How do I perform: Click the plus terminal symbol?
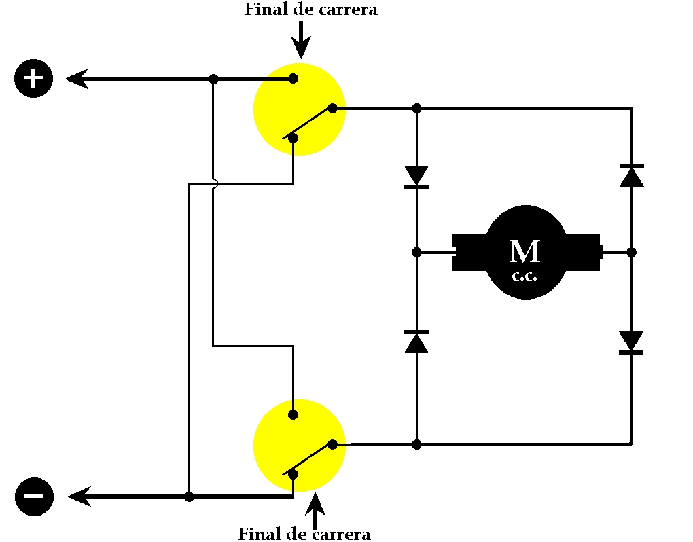tap(33, 79)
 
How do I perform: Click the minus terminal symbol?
tap(33, 496)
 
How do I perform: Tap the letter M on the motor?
tap(525, 251)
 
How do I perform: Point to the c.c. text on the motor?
tap(525, 276)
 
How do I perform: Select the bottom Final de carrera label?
tap(304, 534)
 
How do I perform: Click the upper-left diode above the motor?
tap(416, 176)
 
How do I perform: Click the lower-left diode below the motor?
tap(416, 342)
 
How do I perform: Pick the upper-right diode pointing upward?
tap(632, 175)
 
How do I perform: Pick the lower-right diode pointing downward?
tap(632, 342)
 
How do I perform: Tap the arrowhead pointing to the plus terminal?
tap(79, 79)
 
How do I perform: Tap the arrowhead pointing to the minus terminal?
tap(80, 496)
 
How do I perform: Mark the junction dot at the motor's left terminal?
tap(417, 252)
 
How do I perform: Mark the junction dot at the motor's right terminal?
tap(631, 252)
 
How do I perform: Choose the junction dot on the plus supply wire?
tap(213, 79)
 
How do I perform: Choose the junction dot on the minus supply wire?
tap(189, 496)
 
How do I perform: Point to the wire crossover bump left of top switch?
tap(215, 183)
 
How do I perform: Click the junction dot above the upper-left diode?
tap(417, 108)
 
